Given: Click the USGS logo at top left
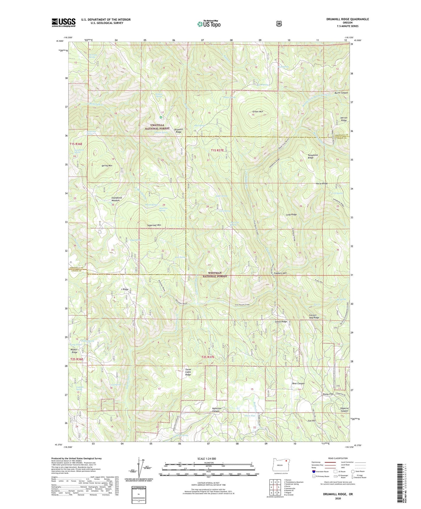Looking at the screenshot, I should [64, 22].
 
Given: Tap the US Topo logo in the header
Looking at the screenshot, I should [208, 24].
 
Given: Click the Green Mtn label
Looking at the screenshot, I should [258, 112].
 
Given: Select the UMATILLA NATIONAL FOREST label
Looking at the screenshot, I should [157, 127].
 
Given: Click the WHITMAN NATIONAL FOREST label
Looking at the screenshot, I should [215, 275].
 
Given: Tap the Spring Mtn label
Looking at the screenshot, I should [107, 166].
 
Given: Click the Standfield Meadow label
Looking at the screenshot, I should [117, 199].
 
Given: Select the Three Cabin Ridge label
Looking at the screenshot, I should [188, 372].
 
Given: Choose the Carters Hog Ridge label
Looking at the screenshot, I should [314, 317].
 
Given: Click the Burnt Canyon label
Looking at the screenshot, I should [341, 93].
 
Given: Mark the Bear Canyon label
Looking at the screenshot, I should [298, 384].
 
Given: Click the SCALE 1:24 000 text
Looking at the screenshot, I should [207, 459].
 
